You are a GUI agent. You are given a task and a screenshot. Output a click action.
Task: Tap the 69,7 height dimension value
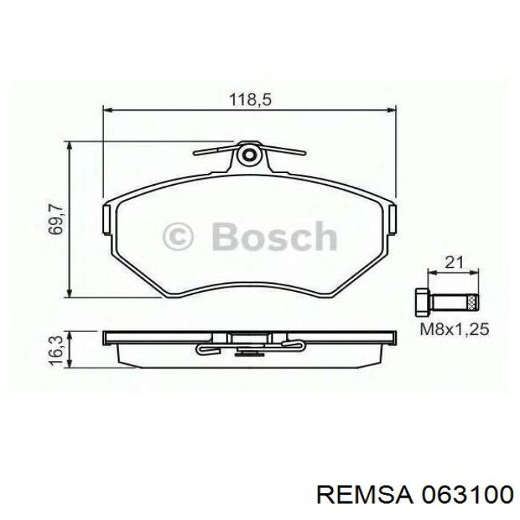tap(55, 220)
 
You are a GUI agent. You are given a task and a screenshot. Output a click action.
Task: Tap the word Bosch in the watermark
tap(273, 238)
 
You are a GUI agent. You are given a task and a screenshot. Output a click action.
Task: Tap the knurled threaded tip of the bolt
tap(471, 302)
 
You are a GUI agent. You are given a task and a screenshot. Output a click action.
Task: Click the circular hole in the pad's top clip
tap(250, 155)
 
